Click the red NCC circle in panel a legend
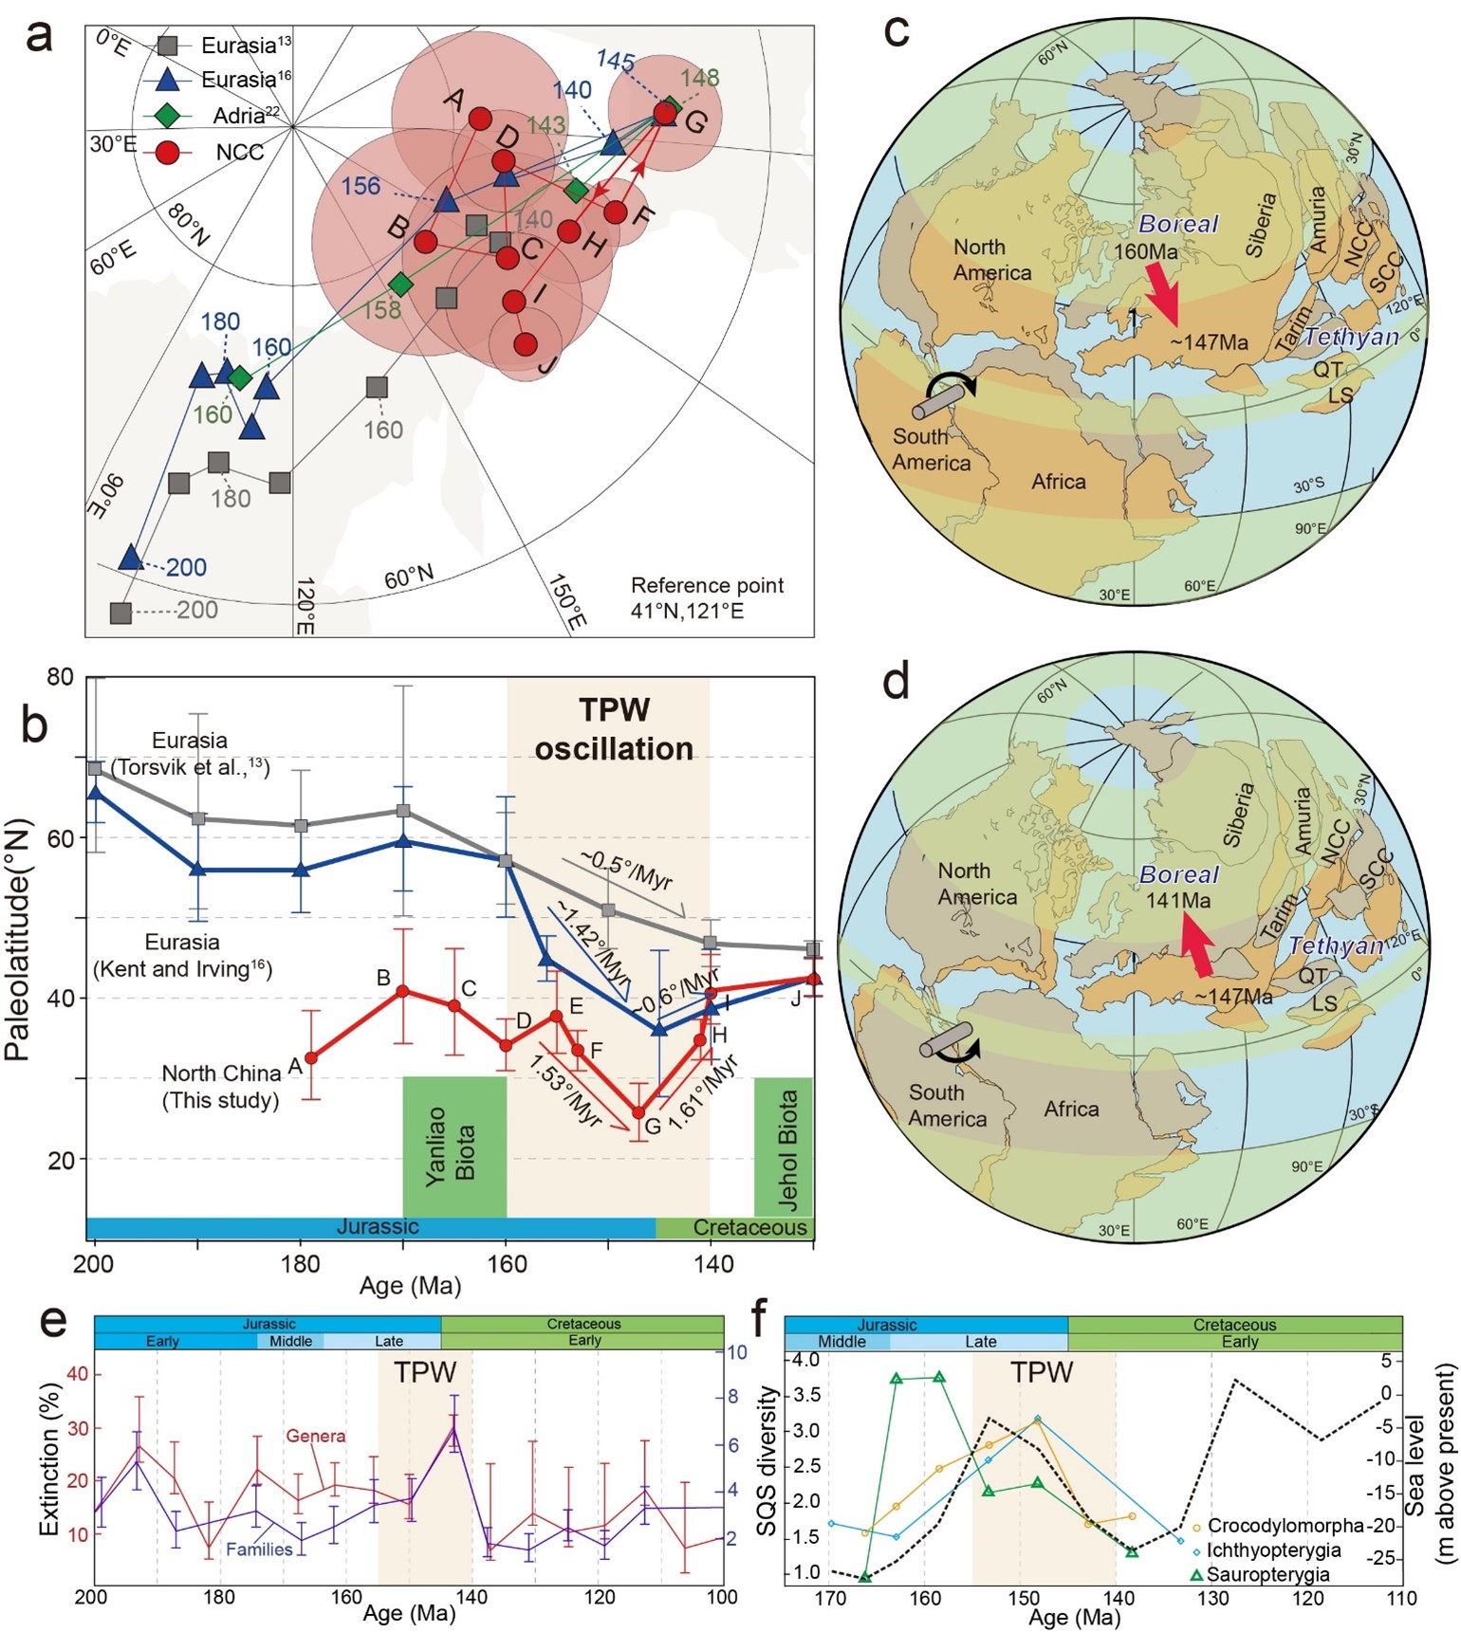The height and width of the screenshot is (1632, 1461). (x=168, y=152)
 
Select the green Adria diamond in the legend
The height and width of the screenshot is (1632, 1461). (x=168, y=116)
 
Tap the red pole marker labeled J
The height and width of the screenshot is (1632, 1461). (x=526, y=344)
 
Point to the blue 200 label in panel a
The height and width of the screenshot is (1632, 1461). (x=186, y=567)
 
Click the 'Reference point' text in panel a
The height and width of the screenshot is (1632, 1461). (x=707, y=585)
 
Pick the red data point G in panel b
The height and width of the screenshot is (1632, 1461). (x=639, y=1112)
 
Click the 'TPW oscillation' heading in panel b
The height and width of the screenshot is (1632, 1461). (x=613, y=729)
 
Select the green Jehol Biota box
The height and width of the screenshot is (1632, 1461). (x=785, y=1146)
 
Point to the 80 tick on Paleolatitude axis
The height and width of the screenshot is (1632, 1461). (x=60, y=677)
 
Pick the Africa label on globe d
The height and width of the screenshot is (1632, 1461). (x=1071, y=1109)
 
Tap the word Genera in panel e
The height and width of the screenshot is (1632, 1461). (x=316, y=1436)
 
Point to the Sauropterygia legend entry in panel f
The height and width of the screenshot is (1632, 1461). (x=1267, y=1575)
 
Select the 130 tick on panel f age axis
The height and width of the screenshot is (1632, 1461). (x=1212, y=1599)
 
